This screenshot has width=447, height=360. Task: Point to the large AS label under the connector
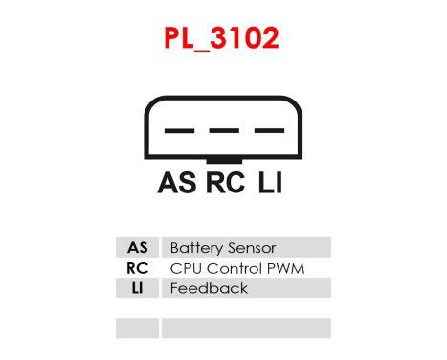tap(177, 183)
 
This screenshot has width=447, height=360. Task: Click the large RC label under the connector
tap(225, 183)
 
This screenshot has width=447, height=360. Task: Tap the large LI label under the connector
tap(270, 183)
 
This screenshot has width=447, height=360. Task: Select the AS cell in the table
tap(137, 248)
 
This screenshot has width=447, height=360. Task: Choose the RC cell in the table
tap(137, 268)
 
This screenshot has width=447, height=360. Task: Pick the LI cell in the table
tap(137, 288)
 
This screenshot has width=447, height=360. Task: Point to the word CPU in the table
tap(184, 268)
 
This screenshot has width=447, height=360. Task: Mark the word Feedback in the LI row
tap(209, 288)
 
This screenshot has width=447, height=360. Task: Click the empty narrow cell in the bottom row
tap(137, 328)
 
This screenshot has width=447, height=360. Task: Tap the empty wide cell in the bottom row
tap(245, 328)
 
